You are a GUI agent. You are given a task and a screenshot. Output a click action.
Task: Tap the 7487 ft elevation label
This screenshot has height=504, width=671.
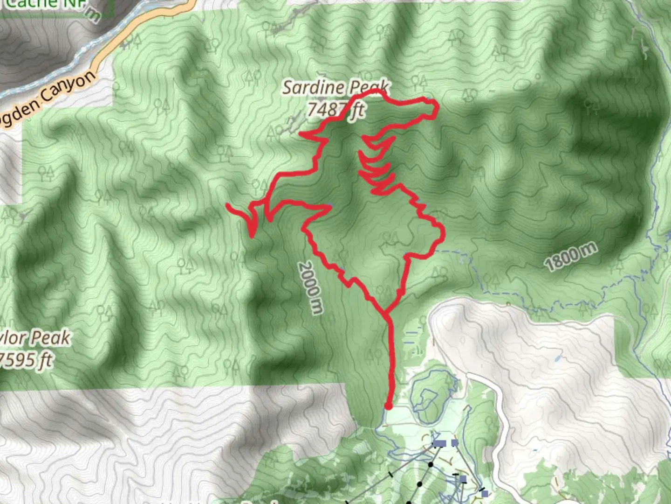pyautogui.click(x=335, y=110)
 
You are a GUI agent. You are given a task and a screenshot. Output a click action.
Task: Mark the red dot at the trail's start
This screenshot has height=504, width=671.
pyautogui.click(x=388, y=406)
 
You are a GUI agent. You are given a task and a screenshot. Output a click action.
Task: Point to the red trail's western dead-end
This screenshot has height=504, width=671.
pyautogui.click(x=228, y=205)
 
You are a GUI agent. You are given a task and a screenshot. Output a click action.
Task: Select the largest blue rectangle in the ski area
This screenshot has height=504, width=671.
pyautogui.click(x=439, y=443)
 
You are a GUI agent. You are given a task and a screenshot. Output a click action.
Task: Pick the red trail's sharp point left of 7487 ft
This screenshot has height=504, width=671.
pyautogui.click(x=301, y=135)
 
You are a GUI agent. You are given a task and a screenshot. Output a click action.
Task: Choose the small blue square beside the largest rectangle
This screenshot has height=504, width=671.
pyautogui.click(x=455, y=443)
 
